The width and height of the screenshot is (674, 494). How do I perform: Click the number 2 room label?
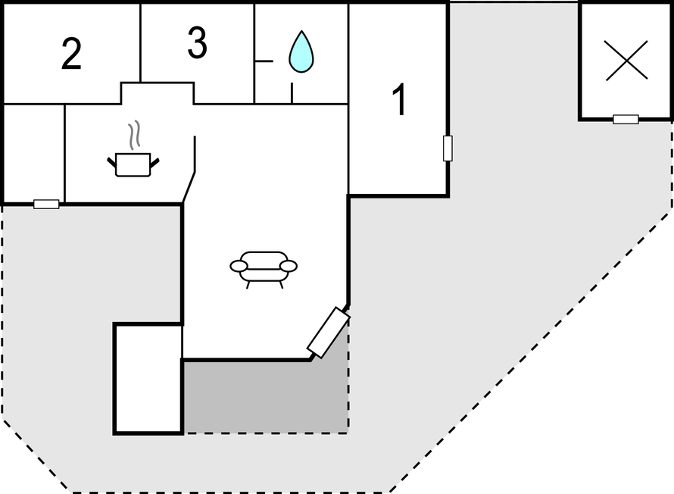[x=71, y=53]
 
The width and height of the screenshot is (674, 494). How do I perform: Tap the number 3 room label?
[x=198, y=42]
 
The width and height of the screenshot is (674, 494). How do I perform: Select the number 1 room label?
[x=400, y=100]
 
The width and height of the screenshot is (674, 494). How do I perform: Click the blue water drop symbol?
[x=301, y=52]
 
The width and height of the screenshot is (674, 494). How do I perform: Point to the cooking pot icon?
[x=133, y=164]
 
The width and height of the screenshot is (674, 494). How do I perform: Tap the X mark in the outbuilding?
[x=626, y=60]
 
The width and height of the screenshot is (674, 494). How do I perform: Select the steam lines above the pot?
[x=135, y=135]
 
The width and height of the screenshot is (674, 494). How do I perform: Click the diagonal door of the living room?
[x=329, y=332]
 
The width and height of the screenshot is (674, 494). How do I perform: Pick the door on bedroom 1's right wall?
[x=448, y=149]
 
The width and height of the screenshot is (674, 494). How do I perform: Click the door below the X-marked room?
[x=626, y=119]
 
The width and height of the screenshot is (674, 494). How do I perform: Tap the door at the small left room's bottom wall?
[x=46, y=205]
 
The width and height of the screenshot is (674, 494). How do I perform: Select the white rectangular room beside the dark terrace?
[x=148, y=378]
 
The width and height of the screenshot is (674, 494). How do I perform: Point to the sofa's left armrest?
[x=239, y=266]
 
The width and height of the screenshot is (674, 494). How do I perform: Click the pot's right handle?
[x=154, y=162]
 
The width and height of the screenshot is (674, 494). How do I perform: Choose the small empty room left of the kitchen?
[x=34, y=153]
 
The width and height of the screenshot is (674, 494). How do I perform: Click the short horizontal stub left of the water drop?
[x=264, y=61]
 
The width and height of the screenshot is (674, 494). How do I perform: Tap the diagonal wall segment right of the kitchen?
[x=189, y=187]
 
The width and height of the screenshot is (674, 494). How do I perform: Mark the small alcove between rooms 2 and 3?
[x=158, y=93]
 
